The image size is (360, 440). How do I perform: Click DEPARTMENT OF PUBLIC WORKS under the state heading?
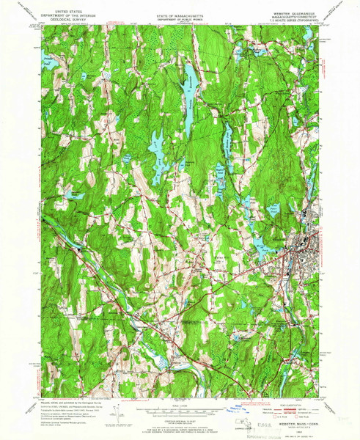click(x=180, y=17)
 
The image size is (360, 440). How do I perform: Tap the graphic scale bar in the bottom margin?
click(x=180, y=408)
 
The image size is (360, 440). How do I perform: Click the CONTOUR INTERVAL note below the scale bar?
click(x=180, y=415)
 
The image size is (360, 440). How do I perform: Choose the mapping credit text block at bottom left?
click(x=70, y=414)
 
